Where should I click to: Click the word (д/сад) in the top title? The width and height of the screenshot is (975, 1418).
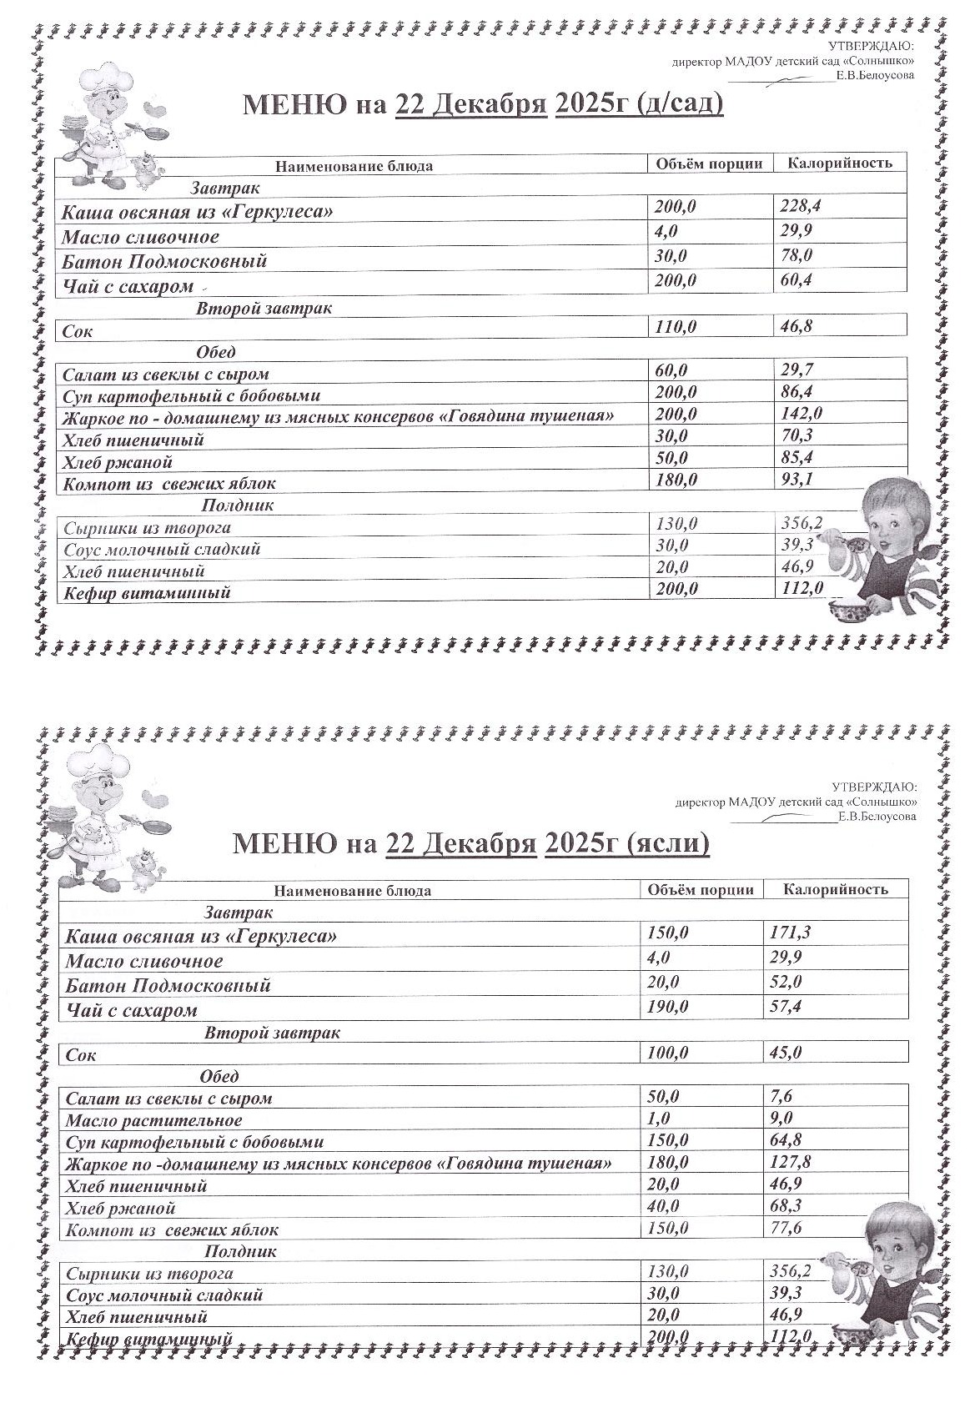coord(679,104)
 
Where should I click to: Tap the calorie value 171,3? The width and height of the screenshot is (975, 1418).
coord(789,932)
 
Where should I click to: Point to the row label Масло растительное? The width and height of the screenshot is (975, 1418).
coord(153,1120)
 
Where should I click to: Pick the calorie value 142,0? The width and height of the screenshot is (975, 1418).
coord(800,413)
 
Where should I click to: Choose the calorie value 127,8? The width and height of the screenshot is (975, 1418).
coord(790,1162)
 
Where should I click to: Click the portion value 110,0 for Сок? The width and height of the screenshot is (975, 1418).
coord(676,327)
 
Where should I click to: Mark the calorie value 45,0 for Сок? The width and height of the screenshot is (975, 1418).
coord(785,1053)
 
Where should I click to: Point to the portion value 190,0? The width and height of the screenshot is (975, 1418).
coord(668,1007)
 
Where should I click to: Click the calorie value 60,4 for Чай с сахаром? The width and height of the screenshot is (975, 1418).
coord(796,280)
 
